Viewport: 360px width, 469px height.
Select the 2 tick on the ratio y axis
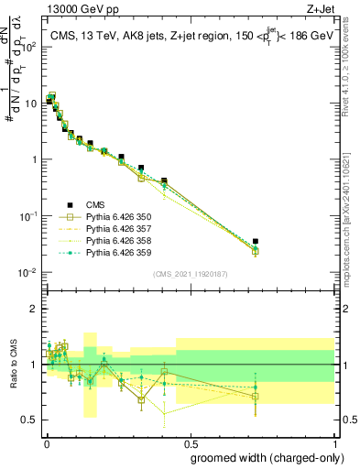pos(35,309)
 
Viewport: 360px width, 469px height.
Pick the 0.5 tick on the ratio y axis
pos(31,420)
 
